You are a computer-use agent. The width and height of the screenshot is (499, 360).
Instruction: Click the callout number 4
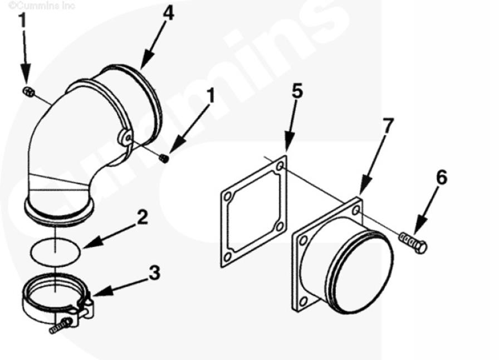168,14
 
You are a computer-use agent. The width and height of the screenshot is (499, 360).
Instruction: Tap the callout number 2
142,217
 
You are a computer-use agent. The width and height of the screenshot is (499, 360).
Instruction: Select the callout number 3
155,273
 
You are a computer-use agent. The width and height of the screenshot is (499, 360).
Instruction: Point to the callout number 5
297,91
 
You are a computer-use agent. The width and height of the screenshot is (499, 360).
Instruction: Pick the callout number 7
388,125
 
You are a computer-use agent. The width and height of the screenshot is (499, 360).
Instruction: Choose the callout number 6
442,177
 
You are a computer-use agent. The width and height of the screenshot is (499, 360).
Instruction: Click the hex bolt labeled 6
413,242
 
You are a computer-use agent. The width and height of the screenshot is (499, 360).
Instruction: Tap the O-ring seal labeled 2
55,251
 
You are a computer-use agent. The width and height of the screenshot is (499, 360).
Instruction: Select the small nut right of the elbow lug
164,158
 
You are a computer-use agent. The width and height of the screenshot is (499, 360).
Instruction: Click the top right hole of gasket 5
280,166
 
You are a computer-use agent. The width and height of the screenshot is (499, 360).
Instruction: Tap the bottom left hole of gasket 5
227,257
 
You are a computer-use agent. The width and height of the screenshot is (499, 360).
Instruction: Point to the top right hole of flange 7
356,210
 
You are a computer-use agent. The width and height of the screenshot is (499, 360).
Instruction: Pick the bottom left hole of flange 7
304,301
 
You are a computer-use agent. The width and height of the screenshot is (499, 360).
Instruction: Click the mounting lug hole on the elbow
128,138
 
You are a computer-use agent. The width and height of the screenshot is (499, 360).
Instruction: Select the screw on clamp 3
61,326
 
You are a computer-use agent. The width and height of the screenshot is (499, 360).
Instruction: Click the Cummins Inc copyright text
42,5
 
